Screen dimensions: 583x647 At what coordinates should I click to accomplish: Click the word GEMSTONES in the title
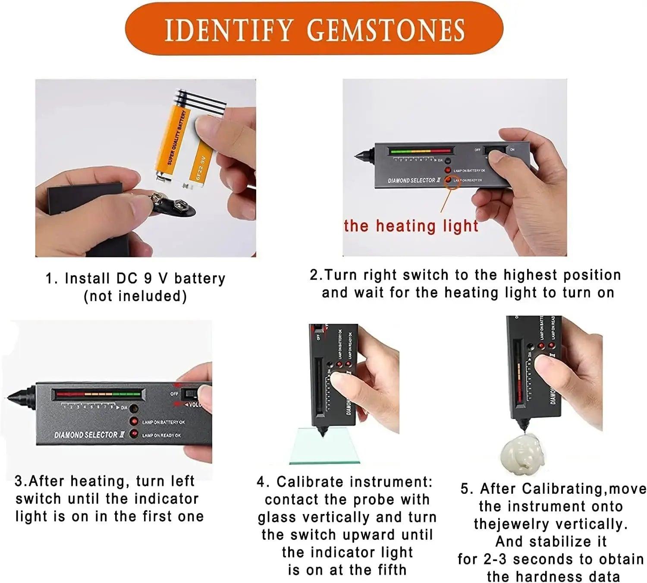click(386, 30)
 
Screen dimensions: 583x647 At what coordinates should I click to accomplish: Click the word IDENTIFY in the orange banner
click(229, 30)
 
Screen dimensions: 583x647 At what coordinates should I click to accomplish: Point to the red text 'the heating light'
click(411, 226)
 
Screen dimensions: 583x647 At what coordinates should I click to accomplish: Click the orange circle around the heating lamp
click(452, 181)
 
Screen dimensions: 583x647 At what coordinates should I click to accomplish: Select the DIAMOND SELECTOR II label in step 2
click(414, 180)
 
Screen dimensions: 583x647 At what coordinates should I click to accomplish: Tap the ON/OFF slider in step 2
click(495, 150)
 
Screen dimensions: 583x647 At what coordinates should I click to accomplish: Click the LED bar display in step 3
click(97, 394)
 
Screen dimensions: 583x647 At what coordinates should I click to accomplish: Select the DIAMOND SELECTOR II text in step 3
click(89, 435)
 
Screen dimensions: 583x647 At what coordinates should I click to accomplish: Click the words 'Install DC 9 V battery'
click(145, 279)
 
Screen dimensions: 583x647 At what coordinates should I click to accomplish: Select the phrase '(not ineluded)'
click(135, 296)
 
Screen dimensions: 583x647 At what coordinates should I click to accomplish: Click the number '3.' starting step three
click(21, 481)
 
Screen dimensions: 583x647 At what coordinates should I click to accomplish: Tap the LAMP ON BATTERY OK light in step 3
click(135, 421)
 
